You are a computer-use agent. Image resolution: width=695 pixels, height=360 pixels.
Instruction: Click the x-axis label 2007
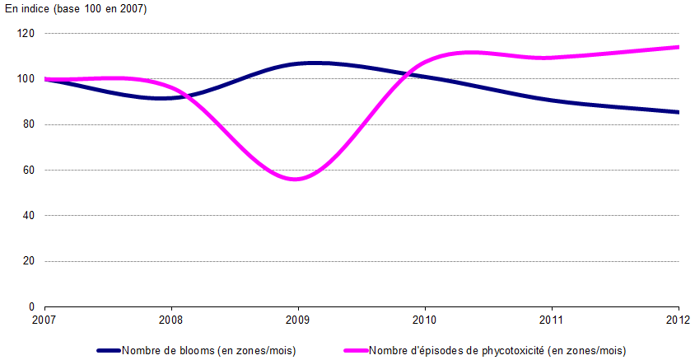(x=45, y=320)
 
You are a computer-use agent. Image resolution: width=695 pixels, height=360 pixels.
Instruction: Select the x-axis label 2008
(x=171, y=320)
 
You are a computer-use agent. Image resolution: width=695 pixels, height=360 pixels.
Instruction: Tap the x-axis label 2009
(x=298, y=320)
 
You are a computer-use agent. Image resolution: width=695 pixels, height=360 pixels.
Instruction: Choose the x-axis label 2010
(x=425, y=320)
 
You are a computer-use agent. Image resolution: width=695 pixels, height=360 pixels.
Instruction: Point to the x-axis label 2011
(x=551, y=320)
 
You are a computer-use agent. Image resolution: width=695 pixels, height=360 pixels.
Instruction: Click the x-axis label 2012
(x=678, y=320)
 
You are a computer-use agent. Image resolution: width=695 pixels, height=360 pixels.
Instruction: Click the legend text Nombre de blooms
(x=208, y=350)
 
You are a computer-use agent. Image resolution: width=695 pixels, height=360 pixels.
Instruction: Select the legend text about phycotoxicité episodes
(x=497, y=350)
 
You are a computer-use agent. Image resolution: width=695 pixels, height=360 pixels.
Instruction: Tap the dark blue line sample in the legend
(x=109, y=350)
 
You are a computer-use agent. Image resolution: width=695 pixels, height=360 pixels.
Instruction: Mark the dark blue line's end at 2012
(x=678, y=112)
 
